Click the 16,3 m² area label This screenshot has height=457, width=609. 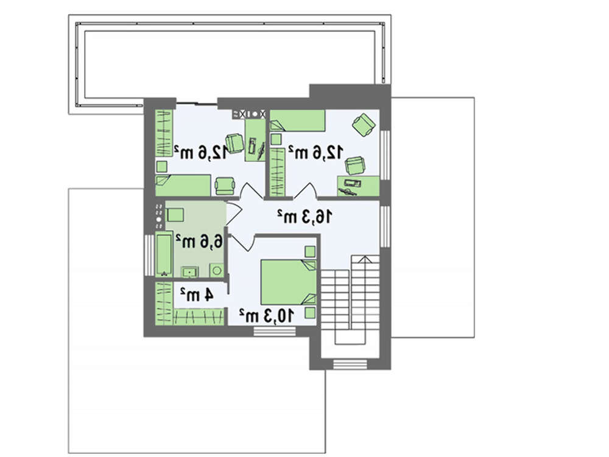304,217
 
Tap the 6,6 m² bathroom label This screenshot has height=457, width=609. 199,241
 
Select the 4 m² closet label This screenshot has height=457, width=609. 197,295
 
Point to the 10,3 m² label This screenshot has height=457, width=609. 267,316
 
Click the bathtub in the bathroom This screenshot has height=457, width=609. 164,254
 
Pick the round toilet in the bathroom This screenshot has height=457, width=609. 217,270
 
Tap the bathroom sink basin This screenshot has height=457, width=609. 189,272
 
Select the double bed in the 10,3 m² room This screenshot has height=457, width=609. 289,282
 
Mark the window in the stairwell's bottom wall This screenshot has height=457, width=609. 350,365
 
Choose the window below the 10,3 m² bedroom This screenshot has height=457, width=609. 274,331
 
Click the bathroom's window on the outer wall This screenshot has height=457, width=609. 149,254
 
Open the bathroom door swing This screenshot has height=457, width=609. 234,213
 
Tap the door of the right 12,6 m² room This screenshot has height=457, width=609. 306,190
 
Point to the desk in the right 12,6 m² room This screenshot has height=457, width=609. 358,186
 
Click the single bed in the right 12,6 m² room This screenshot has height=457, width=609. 298,120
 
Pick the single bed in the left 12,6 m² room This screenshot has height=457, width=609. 183,186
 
